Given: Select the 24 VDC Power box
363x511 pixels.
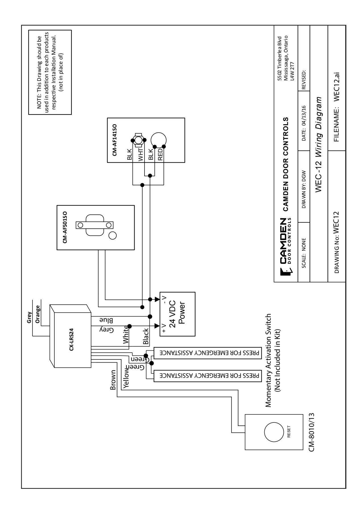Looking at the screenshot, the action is coord(177,314).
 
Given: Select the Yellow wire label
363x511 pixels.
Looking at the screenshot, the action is coord(127,380).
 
